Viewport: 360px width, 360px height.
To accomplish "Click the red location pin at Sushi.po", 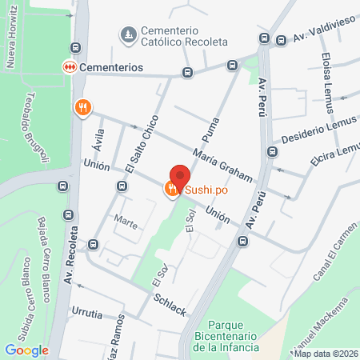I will pos(180,175).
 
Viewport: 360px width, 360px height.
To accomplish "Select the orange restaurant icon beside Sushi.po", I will pos(171,190).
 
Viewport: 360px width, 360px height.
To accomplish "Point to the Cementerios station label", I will pos(110,68).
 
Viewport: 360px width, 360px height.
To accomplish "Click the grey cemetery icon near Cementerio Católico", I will pos(127,34).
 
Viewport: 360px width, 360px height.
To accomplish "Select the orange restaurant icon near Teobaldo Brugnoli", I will pos(82,107).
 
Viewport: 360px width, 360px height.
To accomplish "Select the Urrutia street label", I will pos(86,314).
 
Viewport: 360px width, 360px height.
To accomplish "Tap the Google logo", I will pos(26,350).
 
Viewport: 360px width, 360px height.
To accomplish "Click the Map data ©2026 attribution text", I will pos(326,354).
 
